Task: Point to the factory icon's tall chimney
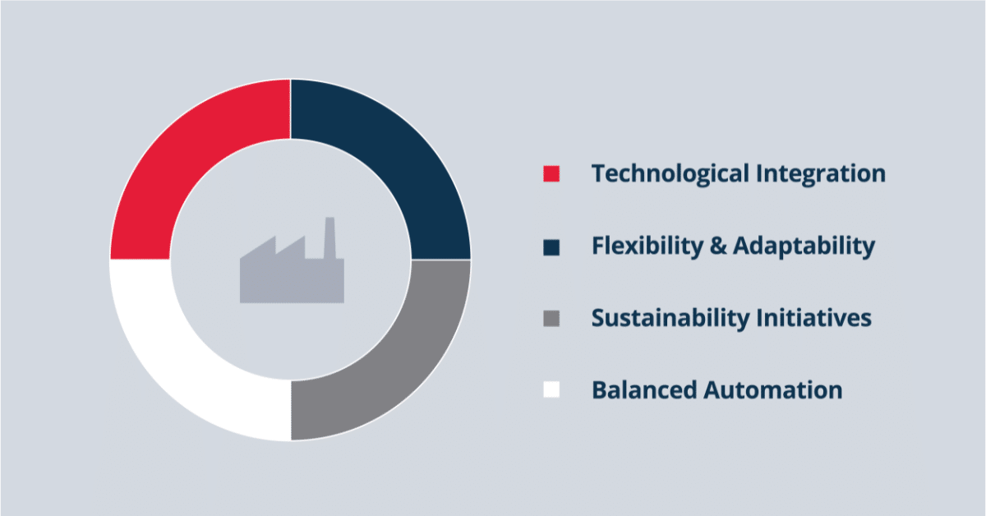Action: click(x=329, y=234)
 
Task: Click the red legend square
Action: click(x=551, y=174)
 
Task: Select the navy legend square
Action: click(x=551, y=246)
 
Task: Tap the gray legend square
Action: click(x=551, y=318)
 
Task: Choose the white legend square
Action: click(x=551, y=389)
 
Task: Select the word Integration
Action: click(x=821, y=174)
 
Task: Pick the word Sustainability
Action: click(x=662, y=318)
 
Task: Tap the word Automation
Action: click(x=773, y=389)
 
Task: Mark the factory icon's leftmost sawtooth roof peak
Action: click(x=273, y=239)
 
